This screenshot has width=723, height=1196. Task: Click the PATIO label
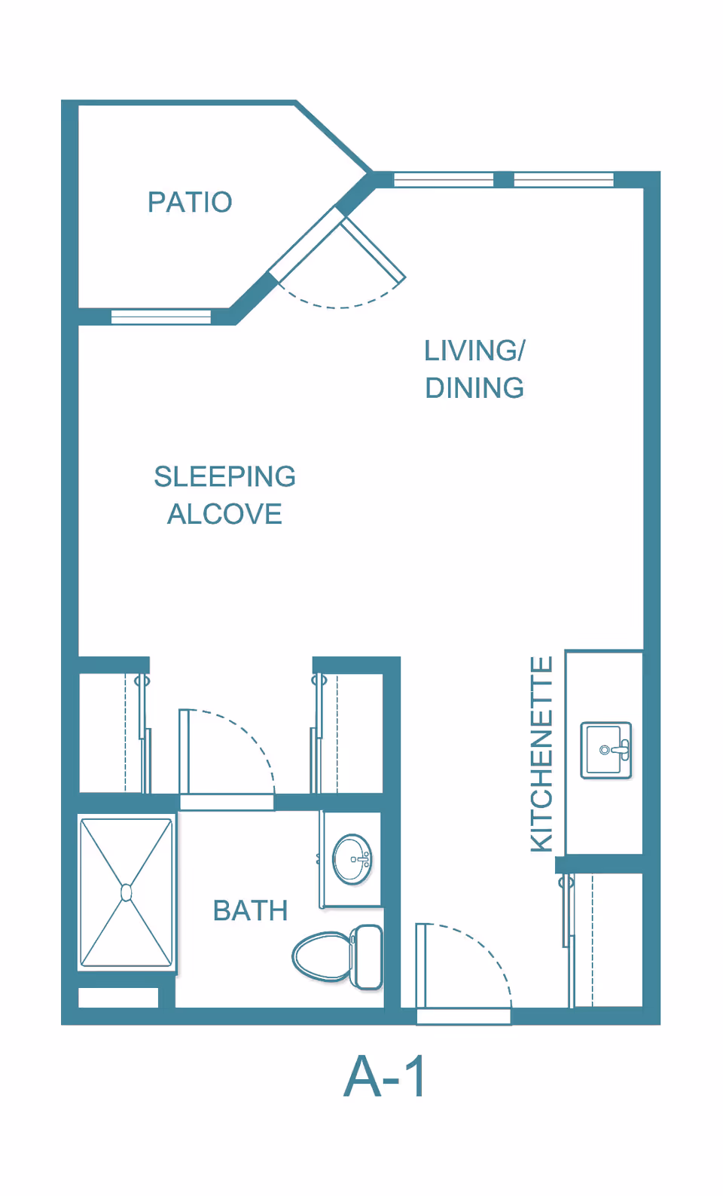(190, 202)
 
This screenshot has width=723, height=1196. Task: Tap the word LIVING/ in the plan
(474, 350)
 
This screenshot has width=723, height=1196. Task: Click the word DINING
(474, 388)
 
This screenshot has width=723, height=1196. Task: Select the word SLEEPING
(224, 476)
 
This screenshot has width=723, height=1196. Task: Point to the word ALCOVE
(224, 514)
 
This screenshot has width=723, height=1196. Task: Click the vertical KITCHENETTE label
(542, 754)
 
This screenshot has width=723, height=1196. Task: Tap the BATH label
(250, 910)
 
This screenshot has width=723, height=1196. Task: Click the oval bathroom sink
(352, 859)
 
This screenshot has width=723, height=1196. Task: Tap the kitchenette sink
(606, 750)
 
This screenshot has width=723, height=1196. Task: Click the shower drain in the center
(127, 892)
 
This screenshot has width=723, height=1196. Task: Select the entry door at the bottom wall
(463, 1017)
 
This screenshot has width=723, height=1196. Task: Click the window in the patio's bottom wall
(160, 317)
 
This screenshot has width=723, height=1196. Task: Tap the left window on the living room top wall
(444, 179)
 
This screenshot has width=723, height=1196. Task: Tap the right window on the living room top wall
(563, 179)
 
